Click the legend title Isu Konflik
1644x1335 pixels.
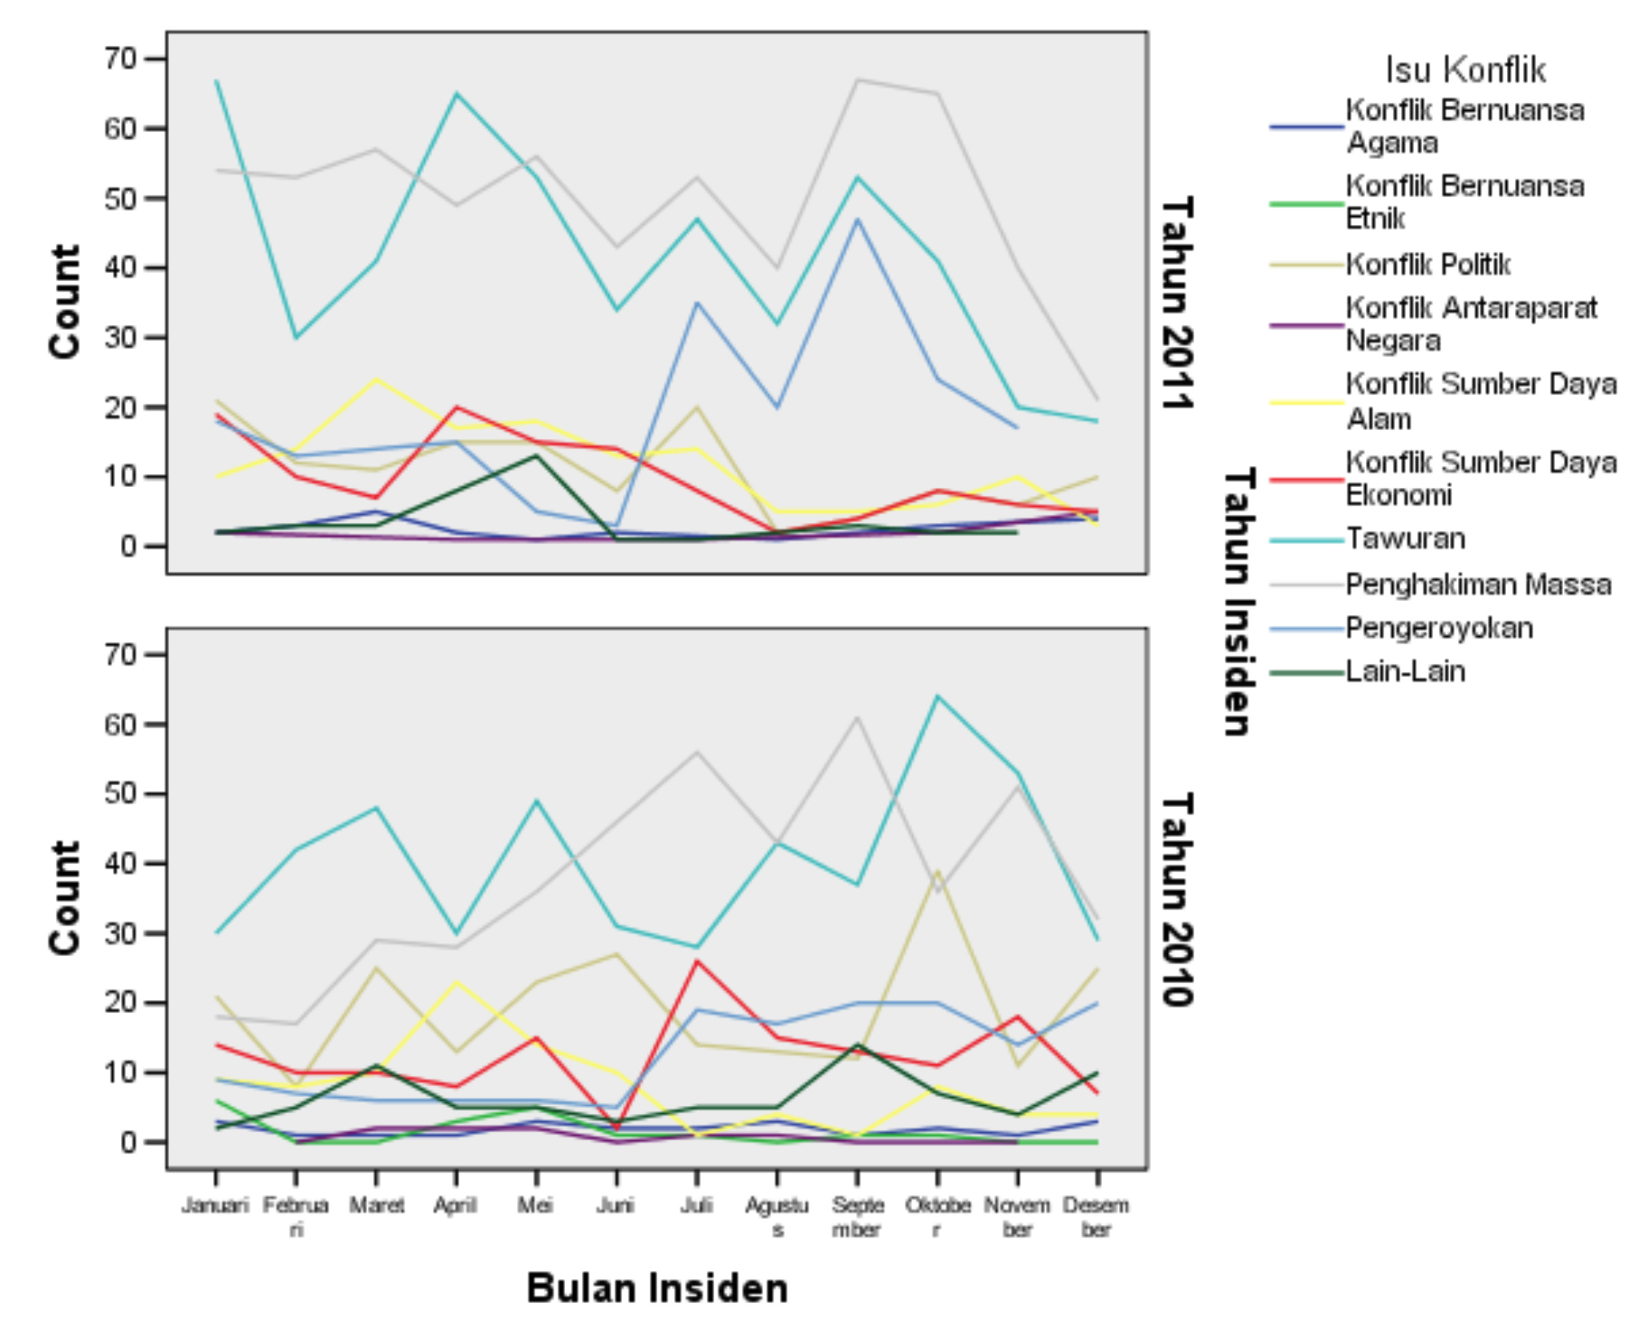coord(1465,70)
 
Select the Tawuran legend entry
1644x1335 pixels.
coord(1405,539)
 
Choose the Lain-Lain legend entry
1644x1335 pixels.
coord(1405,672)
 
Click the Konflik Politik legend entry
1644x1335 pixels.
coord(1428,264)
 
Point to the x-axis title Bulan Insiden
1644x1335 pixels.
coord(657,1288)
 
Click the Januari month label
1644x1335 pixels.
coord(216,1205)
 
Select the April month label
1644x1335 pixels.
coord(455,1205)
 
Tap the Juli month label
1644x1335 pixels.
coord(696,1205)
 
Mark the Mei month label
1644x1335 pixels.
coord(536,1205)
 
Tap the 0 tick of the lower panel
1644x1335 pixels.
coord(128,1143)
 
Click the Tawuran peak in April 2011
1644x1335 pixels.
coord(456,94)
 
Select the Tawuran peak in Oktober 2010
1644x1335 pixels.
coord(937,697)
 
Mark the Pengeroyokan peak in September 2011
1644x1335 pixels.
coord(857,219)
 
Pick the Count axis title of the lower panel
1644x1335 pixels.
coord(65,898)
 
